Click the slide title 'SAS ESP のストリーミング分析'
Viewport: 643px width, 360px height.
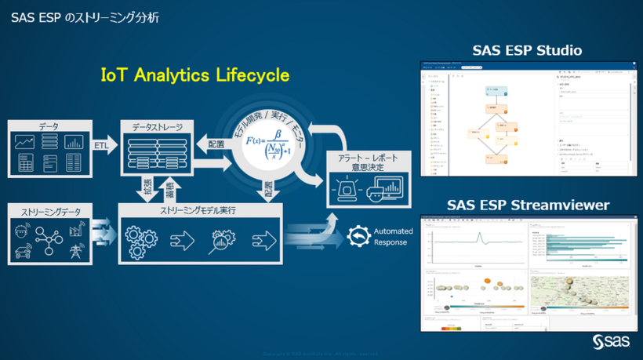coord(85,16)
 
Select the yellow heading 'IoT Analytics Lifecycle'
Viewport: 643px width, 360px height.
coord(195,75)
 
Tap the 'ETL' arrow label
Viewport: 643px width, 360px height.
coord(102,144)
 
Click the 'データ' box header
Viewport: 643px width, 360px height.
coord(49,126)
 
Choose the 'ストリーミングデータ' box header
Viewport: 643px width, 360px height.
coord(49,211)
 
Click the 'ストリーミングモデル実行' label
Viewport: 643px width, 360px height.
coord(198,211)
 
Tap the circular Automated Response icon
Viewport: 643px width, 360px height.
coord(358,236)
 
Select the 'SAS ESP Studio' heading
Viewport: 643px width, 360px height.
coord(527,51)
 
